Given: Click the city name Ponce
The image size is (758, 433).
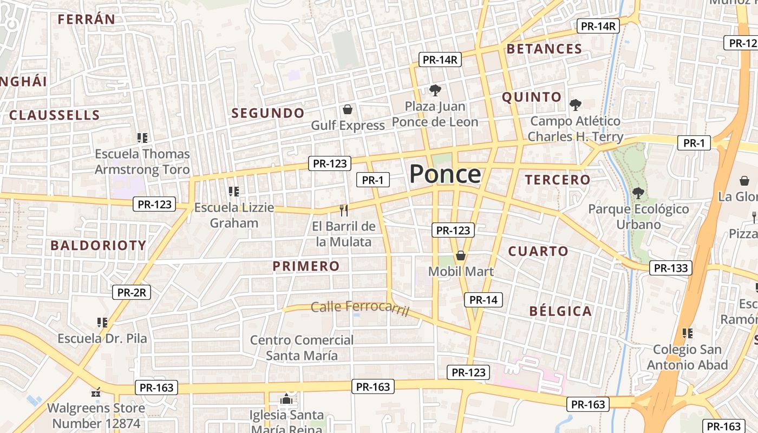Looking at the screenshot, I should [445, 174].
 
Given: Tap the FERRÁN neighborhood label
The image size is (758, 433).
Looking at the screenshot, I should [87, 19].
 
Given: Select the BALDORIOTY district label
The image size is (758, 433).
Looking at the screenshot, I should [99, 246].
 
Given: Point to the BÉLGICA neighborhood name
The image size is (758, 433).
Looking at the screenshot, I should [560, 311].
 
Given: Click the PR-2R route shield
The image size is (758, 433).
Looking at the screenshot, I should [132, 293].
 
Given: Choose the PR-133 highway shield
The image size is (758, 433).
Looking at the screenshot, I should [671, 268].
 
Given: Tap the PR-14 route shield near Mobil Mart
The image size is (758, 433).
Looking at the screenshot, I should [483, 300].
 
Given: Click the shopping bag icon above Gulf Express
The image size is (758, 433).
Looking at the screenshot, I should [348, 110].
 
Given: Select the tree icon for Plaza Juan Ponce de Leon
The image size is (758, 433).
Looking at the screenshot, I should [435, 90].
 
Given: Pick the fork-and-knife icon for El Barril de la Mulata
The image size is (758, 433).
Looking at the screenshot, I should [343, 210].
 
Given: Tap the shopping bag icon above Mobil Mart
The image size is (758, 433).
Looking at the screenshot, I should [461, 255].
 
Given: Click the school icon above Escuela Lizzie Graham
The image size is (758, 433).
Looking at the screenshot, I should [234, 192].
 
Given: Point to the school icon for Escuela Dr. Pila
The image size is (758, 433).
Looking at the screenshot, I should [102, 323].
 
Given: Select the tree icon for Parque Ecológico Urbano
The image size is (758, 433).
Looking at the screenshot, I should [638, 193].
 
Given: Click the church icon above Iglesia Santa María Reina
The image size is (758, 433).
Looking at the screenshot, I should [286, 400].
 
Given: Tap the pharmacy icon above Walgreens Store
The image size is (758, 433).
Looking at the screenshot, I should [96, 392].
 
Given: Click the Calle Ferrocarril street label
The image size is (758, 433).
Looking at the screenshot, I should [360, 308].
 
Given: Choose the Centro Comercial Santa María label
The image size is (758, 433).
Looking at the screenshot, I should [302, 348].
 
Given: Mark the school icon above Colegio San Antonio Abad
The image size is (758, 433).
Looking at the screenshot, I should [687, 333].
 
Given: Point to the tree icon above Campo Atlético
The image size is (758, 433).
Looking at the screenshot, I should [575, 105].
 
